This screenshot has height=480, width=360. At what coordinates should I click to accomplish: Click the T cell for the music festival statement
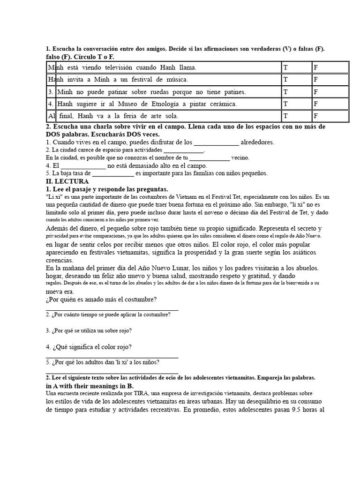pos(296,80)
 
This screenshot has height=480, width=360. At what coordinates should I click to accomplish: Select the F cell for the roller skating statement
pos(330,92)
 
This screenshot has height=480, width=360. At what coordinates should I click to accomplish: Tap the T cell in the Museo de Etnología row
pos(296,104)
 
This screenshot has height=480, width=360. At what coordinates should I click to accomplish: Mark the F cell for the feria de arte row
pos(330,115)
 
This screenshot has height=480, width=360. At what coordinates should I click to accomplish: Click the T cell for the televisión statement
pos(296,67)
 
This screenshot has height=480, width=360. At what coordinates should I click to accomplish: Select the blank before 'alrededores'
pos(216,142)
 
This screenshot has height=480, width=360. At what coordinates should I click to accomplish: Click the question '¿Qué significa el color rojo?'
pos(92,347)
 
